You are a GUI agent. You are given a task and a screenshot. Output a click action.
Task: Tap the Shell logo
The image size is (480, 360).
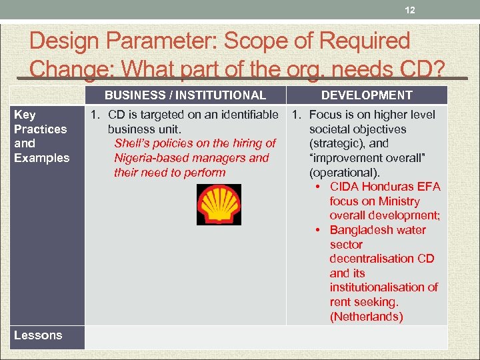point(219,205)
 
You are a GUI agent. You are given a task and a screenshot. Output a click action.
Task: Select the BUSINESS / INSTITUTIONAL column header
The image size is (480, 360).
point(185,95)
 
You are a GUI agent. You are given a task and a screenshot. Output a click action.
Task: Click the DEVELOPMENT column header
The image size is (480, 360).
point(367,95)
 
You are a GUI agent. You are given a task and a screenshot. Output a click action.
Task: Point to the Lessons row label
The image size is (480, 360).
point(38,335)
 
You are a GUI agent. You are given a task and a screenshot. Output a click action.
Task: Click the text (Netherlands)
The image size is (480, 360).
point(366,317)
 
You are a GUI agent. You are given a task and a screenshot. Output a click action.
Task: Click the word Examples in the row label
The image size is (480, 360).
point(41,158)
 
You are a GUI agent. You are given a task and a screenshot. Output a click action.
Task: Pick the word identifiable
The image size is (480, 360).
point(245,115)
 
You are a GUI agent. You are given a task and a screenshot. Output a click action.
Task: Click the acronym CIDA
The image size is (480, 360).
point(345,187)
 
